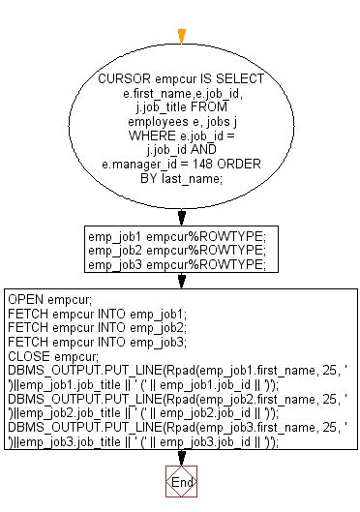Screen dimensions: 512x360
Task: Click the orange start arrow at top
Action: click(x=181, y=36)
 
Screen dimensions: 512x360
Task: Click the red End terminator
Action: click(x=181, y=481)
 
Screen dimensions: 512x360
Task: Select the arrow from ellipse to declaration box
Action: click(x=181, y=215)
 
